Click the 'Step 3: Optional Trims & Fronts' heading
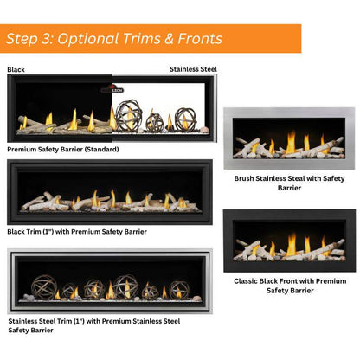(x=114, y=39)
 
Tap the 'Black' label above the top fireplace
(x=16, y=69)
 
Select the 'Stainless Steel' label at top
(x=193, y=69)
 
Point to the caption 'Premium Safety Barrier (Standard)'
(x=63, y=149)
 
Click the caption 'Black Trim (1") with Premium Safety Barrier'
(x=77, y=232)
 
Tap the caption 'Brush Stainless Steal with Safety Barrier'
(x=289, y=183)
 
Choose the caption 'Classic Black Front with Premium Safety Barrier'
(x=290, y=285)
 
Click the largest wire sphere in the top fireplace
(x=127, y=115)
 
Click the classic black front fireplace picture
(x=289, y=241)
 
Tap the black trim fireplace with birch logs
(x=108, y=191)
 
